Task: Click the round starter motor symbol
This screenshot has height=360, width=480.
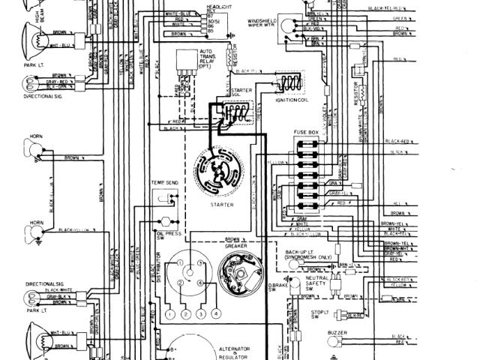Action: (220, 172)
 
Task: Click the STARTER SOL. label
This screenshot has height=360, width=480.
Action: (220, 93)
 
